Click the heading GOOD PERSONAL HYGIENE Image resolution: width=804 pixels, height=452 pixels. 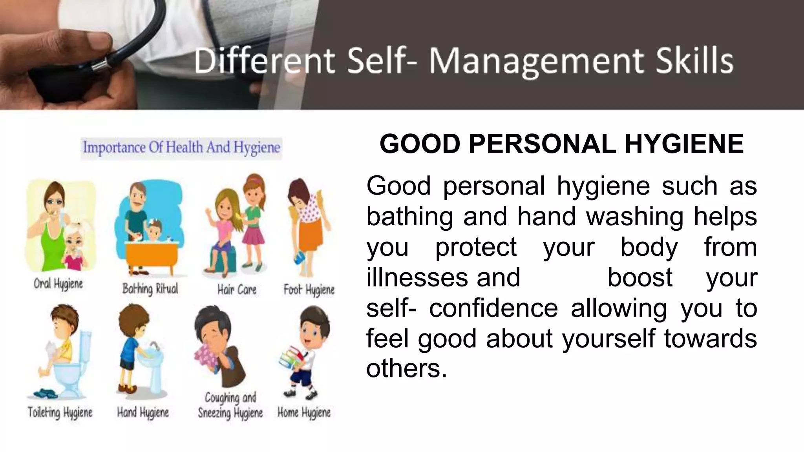[x=561, y=144]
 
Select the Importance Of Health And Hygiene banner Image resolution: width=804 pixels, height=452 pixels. [x=181, y=148]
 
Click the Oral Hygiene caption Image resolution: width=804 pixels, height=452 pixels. [x=58, y=284]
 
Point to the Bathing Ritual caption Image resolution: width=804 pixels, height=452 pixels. [x=150, y=289]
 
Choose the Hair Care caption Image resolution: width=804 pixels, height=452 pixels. [x=237, y=290]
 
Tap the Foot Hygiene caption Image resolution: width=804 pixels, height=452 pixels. [x=309, y=290]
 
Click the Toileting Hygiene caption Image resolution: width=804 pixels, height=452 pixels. [x=60, y=412]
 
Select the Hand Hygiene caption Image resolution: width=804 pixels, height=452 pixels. [x=143, y=412]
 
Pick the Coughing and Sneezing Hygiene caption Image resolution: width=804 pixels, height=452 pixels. [x=230, y=405]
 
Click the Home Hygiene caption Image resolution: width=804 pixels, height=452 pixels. [x=304, y=412]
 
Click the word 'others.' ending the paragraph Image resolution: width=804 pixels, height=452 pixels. [x=407, y=368]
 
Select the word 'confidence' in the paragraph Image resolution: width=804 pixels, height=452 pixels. [x=493, y=308]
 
